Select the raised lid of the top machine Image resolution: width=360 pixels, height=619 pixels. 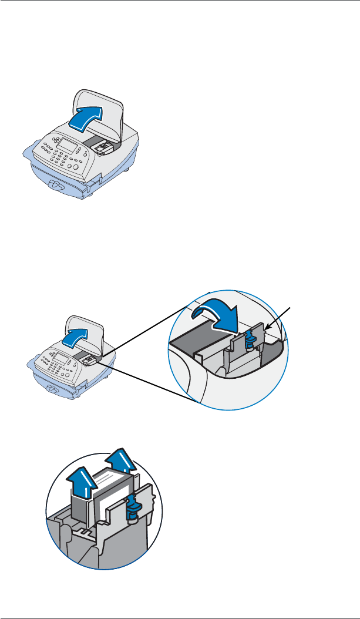coord(112,106)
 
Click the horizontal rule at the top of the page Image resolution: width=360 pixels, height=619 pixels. coord(180,1)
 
